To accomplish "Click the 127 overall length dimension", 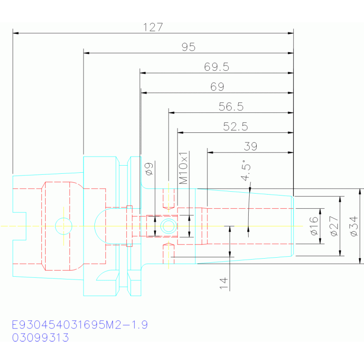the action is click(153, 27).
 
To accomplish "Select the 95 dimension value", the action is click(188, 47).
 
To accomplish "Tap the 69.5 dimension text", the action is click(216, 67).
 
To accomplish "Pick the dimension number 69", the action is click(217, 87).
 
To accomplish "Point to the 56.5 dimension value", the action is click(231, 107).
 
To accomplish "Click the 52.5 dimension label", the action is click(235, 127).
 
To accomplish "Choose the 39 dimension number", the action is click(251, 147).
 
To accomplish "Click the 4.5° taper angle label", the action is click(246, 170).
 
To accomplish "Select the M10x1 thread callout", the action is click(183, 168).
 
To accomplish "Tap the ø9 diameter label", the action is click(149, 169).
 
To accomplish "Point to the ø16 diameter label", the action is click(314, 226).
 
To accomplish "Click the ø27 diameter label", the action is click(334, 226).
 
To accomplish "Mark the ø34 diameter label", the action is click(354, 226).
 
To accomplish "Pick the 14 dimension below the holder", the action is click(224, 283).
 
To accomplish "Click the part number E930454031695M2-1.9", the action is click(80, 325).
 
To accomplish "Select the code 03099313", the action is click(40, 337).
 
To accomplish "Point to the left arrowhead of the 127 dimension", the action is click(16, 33).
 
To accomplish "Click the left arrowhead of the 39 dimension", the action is click(210, 152).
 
